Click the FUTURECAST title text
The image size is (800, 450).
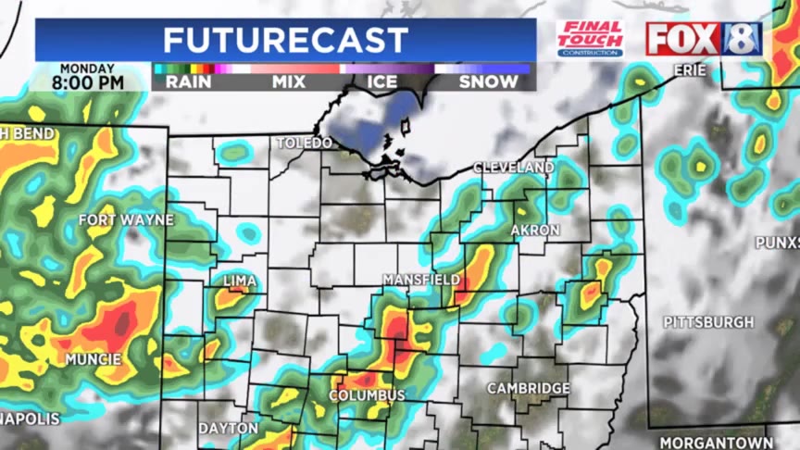tap(285, 40)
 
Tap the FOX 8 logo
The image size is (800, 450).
tap(704, 39)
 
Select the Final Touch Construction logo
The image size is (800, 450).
tap(590, 39)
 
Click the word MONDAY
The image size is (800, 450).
tap(87, 68)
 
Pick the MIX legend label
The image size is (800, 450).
tap(288, 81)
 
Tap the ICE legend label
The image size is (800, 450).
tap(382, 81)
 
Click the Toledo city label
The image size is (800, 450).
tap(305, 144)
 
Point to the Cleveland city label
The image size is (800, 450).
tap(514, 168)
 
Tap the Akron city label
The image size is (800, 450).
tap(535, 230)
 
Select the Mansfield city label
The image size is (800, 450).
tap(422, 279)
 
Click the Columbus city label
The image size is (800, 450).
tap(367, 395)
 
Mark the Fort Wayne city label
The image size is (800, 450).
tap(126, 219)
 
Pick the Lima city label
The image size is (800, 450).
tap(240, 281)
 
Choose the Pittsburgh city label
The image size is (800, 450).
tap(708, 322)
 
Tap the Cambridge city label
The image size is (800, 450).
tap(529, 388)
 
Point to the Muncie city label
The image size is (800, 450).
tap(93, 358)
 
